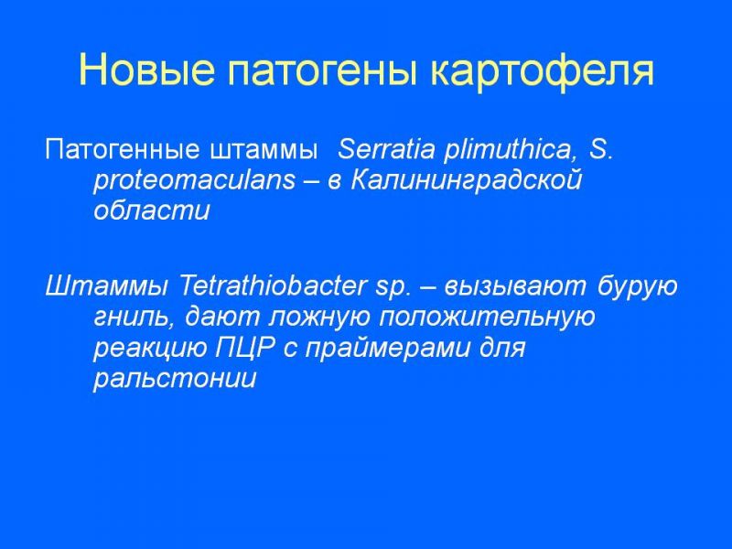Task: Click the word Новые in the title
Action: pos(147,70)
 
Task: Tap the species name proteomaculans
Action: pos(195,180)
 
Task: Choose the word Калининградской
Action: pos(467,180)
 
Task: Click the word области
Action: pos(152,211)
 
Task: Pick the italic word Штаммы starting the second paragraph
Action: pos(106,285)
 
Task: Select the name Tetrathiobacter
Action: pos(271,285)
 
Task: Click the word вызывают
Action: pos(514,286)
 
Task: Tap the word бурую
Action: pos(637,286)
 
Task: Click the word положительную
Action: pos(487,318)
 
